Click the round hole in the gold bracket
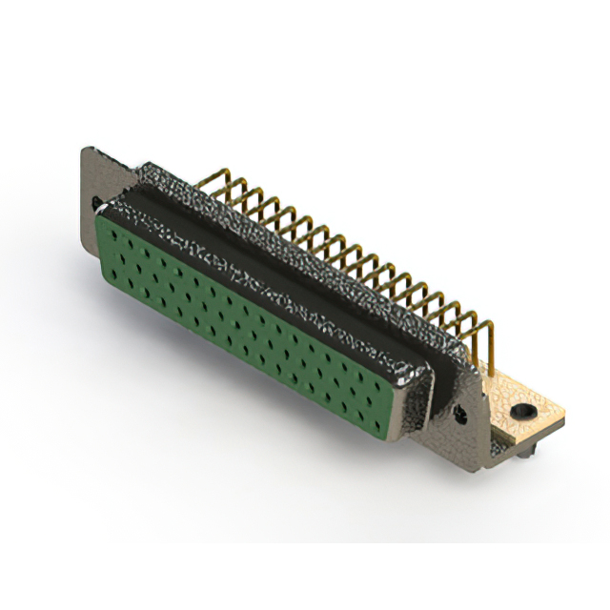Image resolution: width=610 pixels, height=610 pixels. (x=521, y=411)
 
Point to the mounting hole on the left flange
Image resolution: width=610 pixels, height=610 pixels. (x=95, y=202)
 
